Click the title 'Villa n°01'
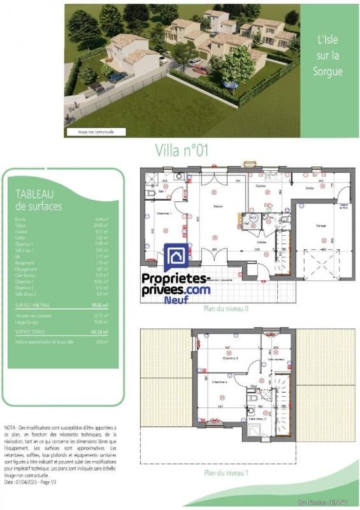[x=182, y=150]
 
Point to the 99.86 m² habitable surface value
[x=100, y=305]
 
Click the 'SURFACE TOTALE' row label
[x=31, y=331]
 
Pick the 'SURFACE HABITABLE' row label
[x=32, y=305]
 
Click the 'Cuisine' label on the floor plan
[x=261, y=186]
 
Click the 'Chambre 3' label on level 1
[x=230, y=358]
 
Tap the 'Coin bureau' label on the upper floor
[x=277, y=359]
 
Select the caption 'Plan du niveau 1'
[x=226, y=473]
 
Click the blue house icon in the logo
[x=176, y=258]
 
